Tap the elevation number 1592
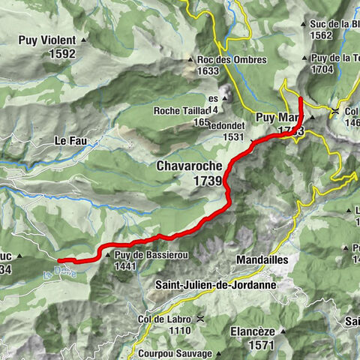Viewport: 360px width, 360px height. click(59, 53)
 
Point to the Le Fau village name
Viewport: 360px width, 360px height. click(70, 140)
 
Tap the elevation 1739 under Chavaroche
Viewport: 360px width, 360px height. click(206, 181)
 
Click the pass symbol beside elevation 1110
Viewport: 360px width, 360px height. click(199, 319)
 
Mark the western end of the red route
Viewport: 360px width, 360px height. click(59, 260)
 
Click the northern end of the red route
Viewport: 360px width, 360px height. click(300, 98)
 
